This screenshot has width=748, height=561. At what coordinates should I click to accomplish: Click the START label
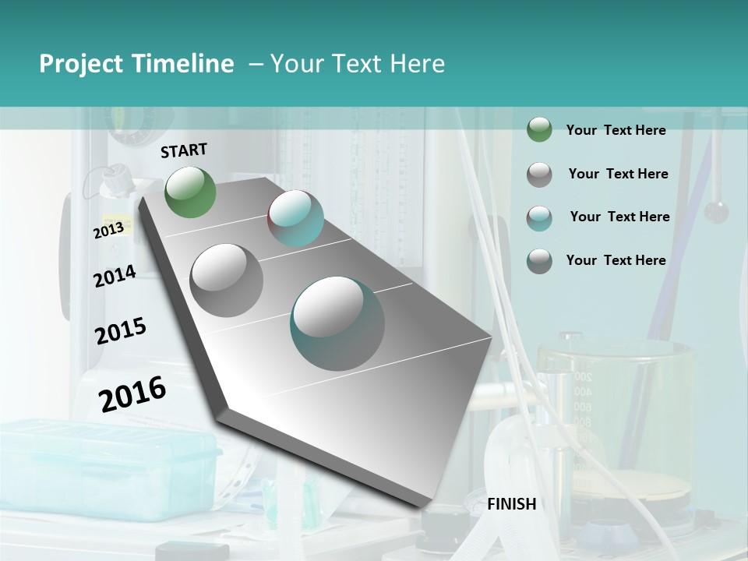coord(184,150)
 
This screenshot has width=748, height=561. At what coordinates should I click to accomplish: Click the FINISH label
coord(511,504)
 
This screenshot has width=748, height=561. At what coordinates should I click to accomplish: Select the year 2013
coord(108,230)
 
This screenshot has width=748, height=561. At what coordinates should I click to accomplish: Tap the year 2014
coord(115,277)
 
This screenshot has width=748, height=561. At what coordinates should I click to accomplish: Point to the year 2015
coord(120,331)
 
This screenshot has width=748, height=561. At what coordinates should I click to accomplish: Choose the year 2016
coord(132,394)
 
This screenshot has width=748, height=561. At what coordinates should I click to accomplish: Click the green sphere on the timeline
coord(190,192)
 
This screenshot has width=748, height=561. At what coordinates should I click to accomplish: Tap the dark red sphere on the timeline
coord(295,217)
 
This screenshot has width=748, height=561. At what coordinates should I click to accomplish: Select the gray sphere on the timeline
coord(227,280)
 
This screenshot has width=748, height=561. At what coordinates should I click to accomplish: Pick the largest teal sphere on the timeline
coord(337,323)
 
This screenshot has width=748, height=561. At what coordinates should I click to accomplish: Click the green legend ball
coord(539,130)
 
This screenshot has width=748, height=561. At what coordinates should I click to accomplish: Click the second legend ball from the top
coord(539,175)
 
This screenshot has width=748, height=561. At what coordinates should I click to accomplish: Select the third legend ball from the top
coord(539,218)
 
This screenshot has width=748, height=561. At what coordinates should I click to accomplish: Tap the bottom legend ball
coord(539,261)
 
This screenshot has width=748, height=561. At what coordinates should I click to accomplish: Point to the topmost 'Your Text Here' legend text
coord(616,130)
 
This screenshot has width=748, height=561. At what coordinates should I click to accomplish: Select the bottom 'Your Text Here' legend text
coord(616,260)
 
